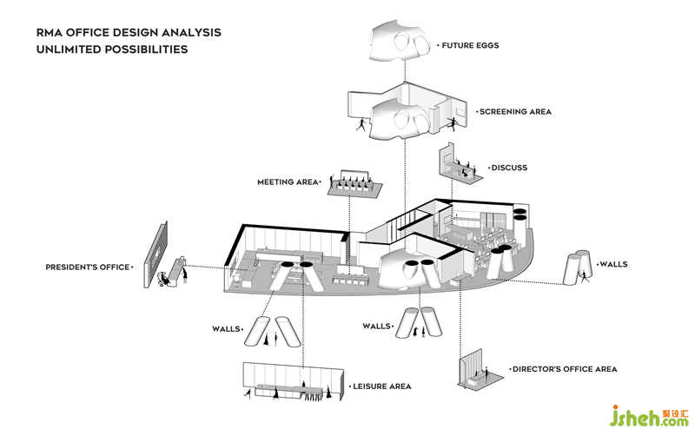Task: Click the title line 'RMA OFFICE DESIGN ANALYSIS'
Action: tap(129, 32)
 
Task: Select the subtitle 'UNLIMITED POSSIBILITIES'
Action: tap(112, 49)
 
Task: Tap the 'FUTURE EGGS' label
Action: tap(470, 45)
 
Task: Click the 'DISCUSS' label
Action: tap(509, 168)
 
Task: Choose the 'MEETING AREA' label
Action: tap(288, 182)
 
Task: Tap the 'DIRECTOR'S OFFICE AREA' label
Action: tap(565, 369)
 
